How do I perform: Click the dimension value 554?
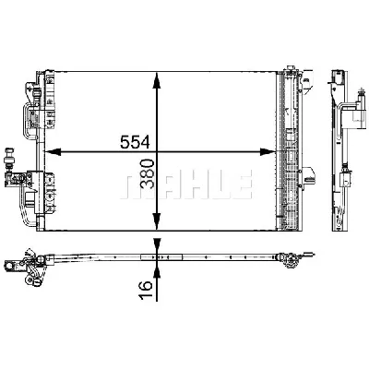coord(135,142)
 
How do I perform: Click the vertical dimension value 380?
coord(148,173)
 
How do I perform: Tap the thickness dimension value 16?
coord(146,290)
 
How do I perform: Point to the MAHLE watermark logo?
coord(186,184)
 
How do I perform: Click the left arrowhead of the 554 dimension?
coord(53,151)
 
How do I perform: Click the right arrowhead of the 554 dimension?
coord(268,151)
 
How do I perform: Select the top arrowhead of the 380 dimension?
coord(157,80)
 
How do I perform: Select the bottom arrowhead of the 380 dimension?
coord(157,221)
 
